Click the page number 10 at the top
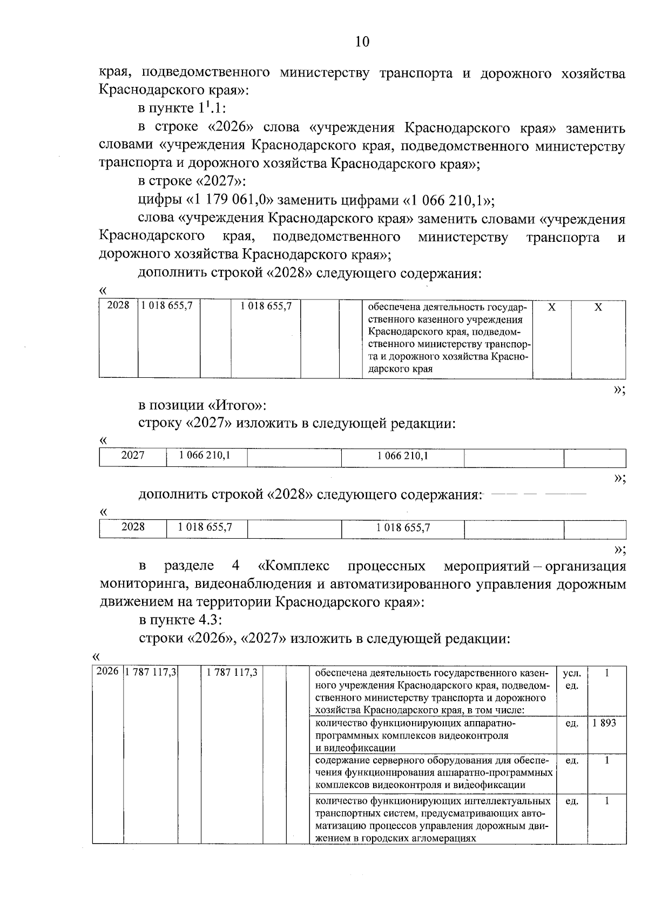[362, 42]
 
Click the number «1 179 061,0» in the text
[231, 201]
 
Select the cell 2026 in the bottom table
[107, 673]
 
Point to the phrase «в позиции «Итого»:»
[202, 405]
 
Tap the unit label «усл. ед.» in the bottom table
[572, 680]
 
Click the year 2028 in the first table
[118, 306]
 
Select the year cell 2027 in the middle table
[133, 456]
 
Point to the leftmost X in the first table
[551, 307]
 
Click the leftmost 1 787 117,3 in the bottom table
[151, 673]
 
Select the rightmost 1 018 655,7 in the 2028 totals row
[403, 528]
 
